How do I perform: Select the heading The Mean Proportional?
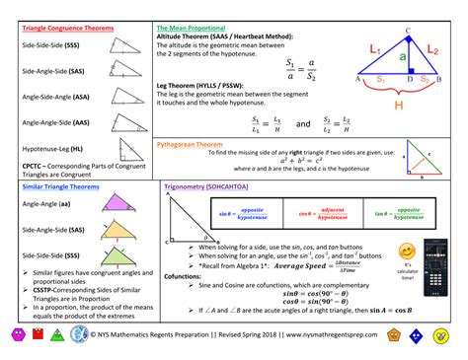coord(191,29)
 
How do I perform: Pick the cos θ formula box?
coord(327,212)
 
